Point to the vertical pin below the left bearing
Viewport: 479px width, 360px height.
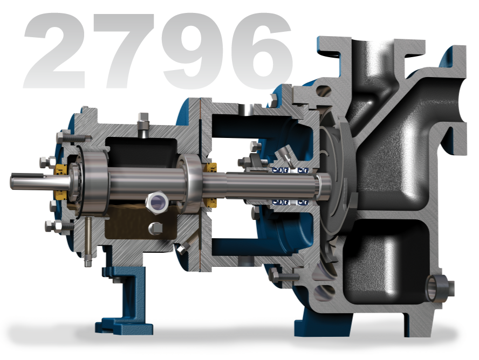86,243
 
